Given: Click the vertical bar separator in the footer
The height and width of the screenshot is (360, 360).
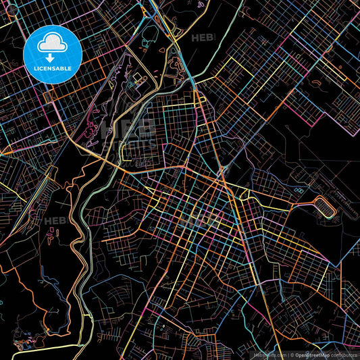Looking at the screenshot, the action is tap(288, 354).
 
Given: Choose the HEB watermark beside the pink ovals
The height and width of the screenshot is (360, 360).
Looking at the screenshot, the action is tap(54, 221).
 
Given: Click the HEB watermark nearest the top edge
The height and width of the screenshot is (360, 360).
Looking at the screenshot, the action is tap(203, 38).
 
